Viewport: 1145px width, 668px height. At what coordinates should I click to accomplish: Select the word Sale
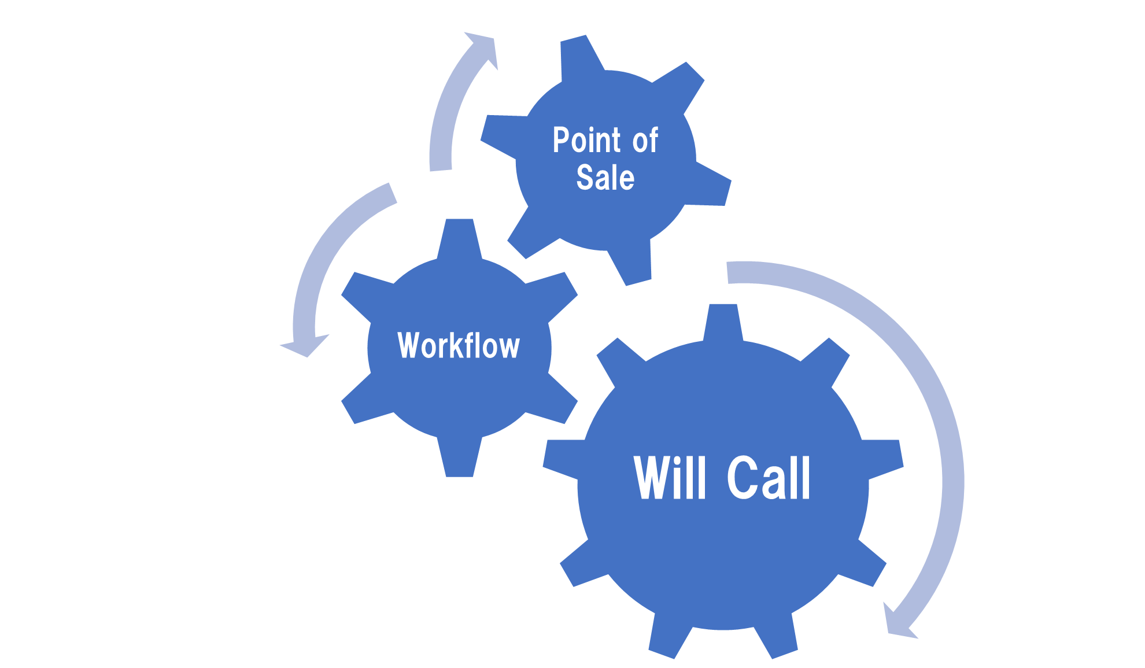tap(605, 178)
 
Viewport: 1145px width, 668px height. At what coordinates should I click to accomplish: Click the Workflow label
tap(459, 346)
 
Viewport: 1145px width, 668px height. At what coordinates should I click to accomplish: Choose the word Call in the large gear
tap(769, 478)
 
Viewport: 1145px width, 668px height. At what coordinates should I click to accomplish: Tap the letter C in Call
tap(742, 478)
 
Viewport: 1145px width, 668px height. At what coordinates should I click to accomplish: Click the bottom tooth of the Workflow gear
tap(459, 460)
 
